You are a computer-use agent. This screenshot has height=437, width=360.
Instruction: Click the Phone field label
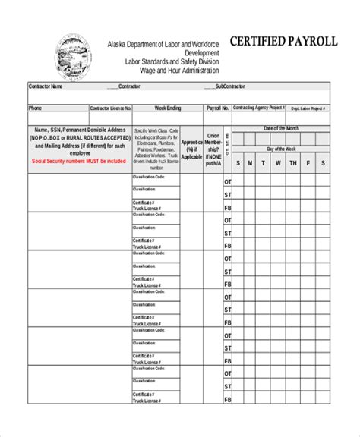[36, 108]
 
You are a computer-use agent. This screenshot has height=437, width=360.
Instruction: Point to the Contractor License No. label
[111, 108]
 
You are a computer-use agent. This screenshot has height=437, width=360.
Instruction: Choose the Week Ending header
[168, 108]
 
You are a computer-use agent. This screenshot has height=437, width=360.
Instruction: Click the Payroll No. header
[217, 108]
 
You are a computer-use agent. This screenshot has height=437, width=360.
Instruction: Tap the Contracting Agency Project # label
[259, 108]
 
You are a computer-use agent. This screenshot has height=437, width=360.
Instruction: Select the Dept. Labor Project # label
[308, 108]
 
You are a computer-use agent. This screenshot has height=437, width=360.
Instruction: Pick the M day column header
[258, 163]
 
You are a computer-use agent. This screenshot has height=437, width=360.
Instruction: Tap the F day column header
[308, 163]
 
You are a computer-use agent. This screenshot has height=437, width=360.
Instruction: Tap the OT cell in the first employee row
[227, 182]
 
